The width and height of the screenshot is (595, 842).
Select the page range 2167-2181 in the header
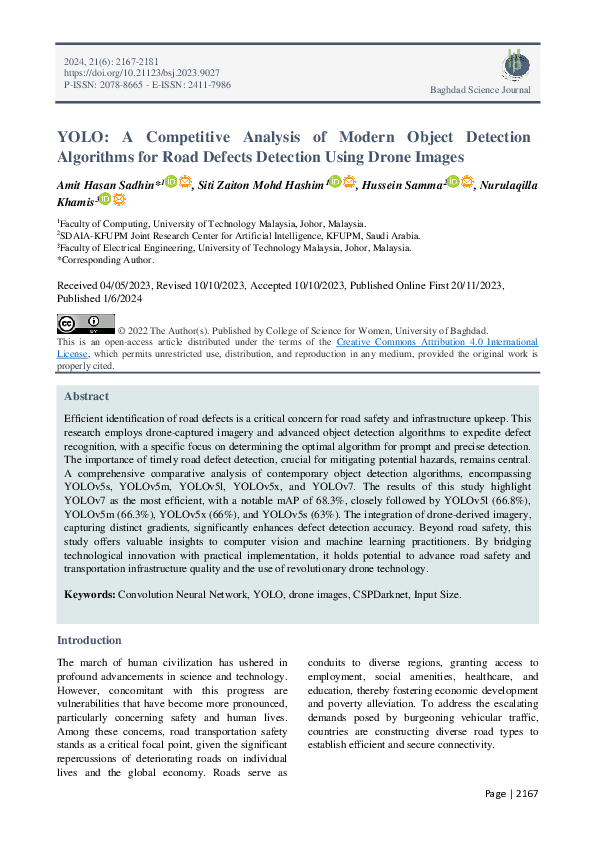tap(127, 61)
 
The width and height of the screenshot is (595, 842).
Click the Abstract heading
tap(86, 395)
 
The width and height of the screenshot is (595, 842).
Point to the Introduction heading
tap(89, 640)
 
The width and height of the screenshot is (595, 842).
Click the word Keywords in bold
tap(89, 594)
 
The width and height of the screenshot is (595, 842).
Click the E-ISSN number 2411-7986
tap(207, 85)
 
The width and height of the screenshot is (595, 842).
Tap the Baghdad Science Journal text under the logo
tap(480, 91)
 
